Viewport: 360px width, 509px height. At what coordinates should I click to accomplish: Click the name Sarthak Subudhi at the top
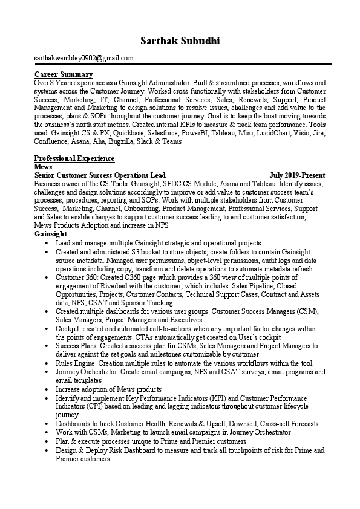coord(180,41)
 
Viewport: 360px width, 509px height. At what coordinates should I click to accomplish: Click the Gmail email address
coord(84,58)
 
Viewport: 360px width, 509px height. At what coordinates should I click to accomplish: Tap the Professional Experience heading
coord(74,158)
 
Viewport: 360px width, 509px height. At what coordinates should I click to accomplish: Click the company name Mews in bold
coord(44,166)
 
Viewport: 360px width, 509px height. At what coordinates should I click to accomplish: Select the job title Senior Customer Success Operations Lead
coord(100,174)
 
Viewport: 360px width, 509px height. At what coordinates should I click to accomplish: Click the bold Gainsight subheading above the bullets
coord(51,233)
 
